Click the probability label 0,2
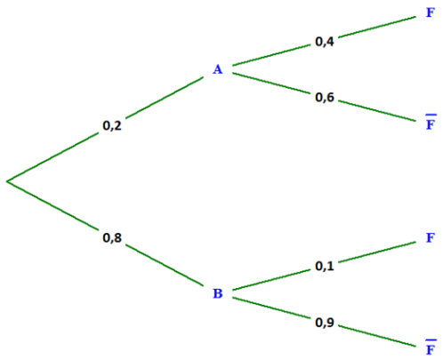click(112, 125)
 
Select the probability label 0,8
click(112, 237)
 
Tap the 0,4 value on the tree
click(325, 42)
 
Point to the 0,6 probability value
click(325, 97)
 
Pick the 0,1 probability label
click(325, 266)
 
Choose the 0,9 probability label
click(325, 322)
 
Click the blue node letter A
click(218, 69)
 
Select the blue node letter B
click(218, 293)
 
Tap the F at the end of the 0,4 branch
click(431, 12)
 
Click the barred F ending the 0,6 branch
click(431, 122)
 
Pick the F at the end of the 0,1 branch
click(431, 237)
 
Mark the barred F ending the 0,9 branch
click(431, 348)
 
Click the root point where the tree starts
click(7, 180)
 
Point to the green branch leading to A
click(105, 129)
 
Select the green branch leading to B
click(105, 234)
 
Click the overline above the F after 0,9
click(431, 340)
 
